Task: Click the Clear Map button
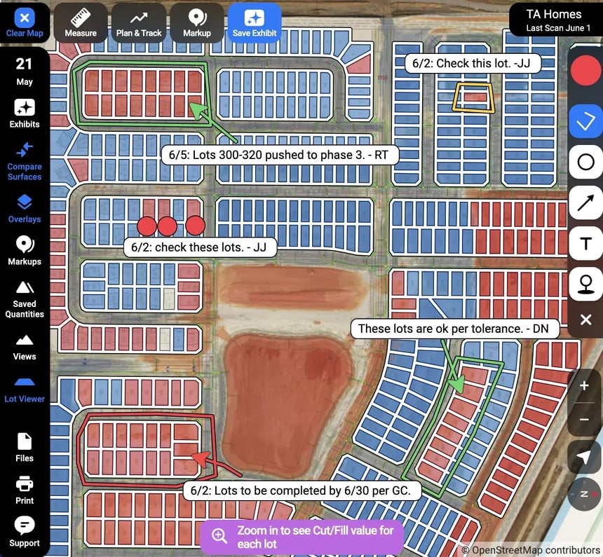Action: [25, 22]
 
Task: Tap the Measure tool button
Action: [81, 23]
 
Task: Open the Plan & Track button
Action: [139, 23]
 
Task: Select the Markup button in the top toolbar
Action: [196, 23]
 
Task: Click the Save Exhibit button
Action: [254, 23]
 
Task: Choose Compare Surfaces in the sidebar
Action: [25, 160]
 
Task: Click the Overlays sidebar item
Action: [25, 209]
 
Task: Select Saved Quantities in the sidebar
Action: [25, 298]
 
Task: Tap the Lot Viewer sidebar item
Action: [25, 390]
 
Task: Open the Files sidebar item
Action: [25, 447]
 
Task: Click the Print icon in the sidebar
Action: [25, 490]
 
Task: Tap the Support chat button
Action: [25, 532]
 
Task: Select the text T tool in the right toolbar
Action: [585, 243]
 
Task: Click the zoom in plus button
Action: [585, 386]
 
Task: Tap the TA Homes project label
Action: [553, 20]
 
